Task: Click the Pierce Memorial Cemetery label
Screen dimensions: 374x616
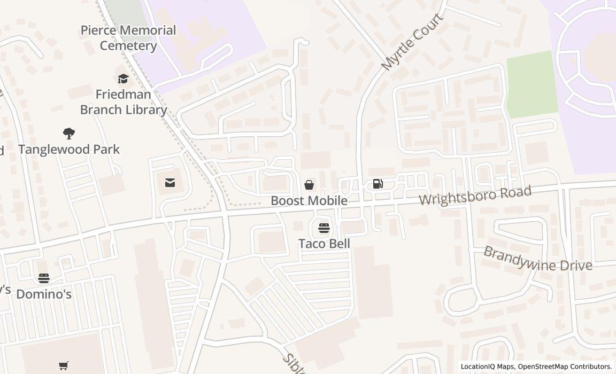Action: tap(128, 37)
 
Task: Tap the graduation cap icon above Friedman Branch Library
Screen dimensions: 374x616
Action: tap(124, 79)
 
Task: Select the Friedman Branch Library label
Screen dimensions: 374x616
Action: tap(124, 102)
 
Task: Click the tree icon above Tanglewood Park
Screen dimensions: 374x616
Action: tap(69, 133)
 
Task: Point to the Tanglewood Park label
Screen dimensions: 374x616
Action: tap(69, 149)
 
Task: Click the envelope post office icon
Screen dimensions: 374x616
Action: tap(170, 183)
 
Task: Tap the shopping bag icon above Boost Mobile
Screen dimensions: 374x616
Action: tap(309, 185)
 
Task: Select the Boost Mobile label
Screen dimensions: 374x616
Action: tap(309, 201)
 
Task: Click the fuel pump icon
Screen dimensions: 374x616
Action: tap(378, 184)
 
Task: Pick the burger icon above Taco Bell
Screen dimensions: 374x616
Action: tap(324, 228)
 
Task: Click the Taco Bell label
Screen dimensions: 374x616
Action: tap(324, 244)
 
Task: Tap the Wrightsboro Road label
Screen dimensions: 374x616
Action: tap(475, 196)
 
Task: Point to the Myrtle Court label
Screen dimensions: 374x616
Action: tap(412, 42)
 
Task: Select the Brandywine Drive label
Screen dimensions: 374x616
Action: tap(537, 259)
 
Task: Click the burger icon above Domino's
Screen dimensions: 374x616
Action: tap(44, 278)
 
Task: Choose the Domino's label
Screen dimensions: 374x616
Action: tap(44, 294)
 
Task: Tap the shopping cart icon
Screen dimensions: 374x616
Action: tap(64, 366)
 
